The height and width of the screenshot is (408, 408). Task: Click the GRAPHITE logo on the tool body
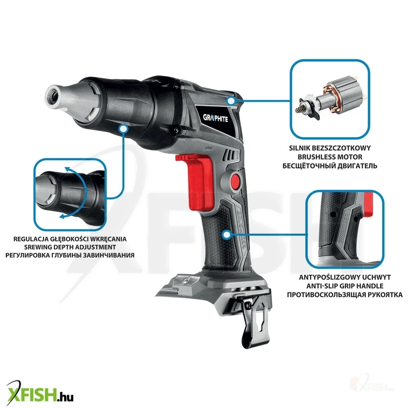click(x=216, y=119)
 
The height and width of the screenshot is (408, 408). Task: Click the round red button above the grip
click(x=236, y=180)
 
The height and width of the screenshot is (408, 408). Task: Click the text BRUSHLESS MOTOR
click(x=330, y=157)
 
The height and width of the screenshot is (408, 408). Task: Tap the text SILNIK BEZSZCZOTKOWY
click(x=330, y=148)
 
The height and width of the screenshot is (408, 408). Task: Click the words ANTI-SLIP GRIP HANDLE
click(x=345, y=286)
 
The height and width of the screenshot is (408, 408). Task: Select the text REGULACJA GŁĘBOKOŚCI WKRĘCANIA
click(x=70, y=239)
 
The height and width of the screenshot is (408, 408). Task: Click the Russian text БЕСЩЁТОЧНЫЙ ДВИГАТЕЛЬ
click(x=330, y=166)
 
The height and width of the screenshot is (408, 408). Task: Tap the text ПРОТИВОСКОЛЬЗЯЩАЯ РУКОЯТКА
click(x=345, y=294)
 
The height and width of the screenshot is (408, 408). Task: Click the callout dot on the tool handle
click(x=227, y=235)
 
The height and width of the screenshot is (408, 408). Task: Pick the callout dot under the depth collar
click(x=124, y=129)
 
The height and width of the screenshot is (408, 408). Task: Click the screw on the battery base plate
click(x=185, y=280)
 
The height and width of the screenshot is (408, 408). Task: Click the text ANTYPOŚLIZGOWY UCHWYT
click(x=345, y=277)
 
